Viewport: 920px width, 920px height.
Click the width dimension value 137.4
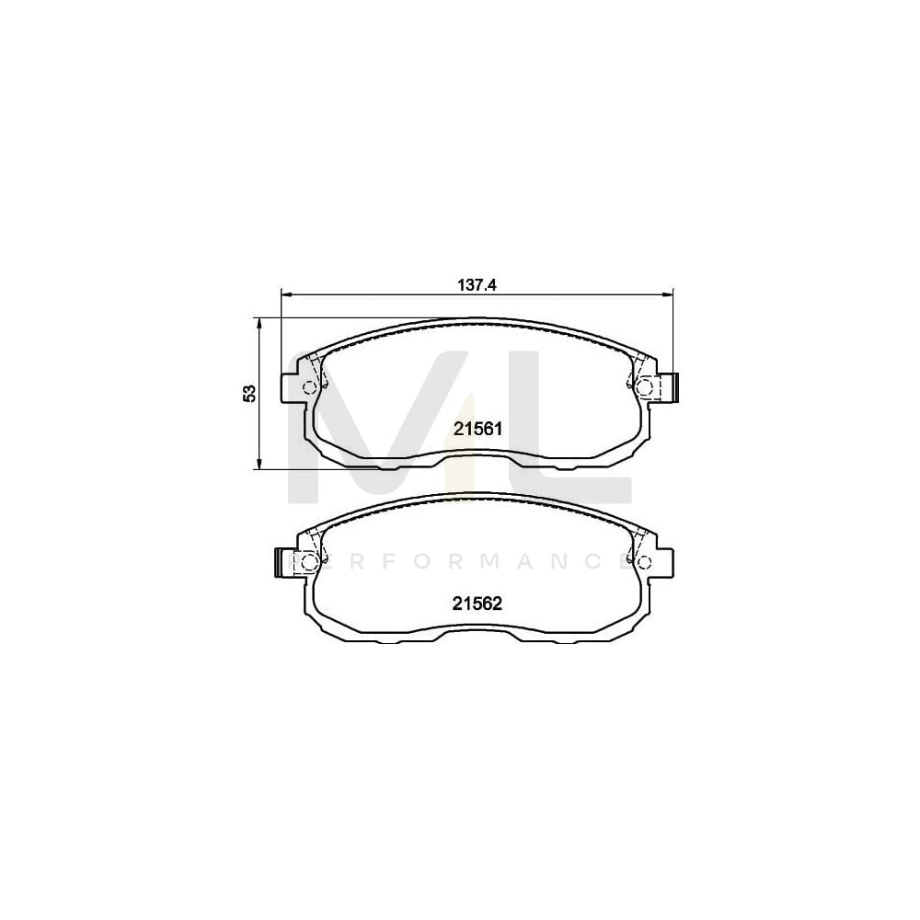pos(477,285)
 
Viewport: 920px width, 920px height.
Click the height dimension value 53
pos(248,393)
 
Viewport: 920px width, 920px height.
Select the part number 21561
pos(477,428)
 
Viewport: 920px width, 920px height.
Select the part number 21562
pos(477,604)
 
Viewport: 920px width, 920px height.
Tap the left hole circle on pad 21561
pos(310,386)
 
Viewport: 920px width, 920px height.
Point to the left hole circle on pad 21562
pos(310,561)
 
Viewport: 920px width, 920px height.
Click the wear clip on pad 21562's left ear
pos(282,562)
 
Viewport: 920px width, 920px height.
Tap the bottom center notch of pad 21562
pos(477,629)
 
